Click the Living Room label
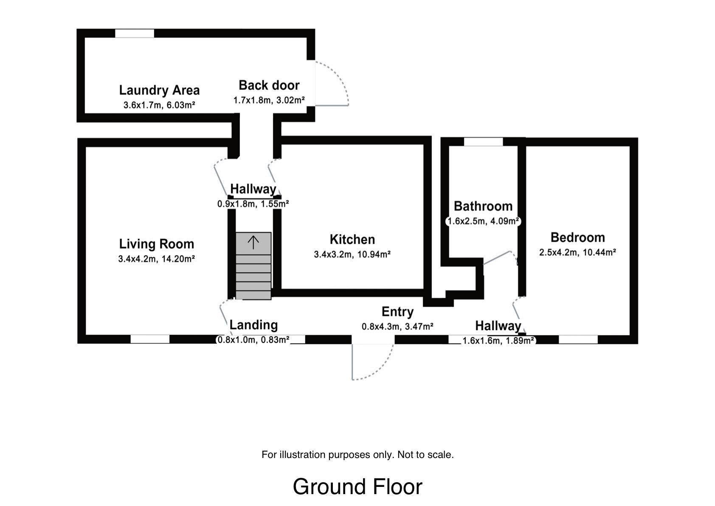(x=156, y=244)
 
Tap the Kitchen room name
(x=352, y=240)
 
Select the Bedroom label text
(x=577, y=237)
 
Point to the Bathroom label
(x=483, y=206)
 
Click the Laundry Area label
(x=159, y=90)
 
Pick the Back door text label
(x=269, y=85)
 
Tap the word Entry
(x=397, y=312)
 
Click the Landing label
(x=253, y=325)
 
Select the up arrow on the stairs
(x=253, y=243)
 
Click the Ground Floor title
(x=357, y=487)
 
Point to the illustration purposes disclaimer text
(x=357, y=455)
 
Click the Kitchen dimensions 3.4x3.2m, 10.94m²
(x=352, y=254)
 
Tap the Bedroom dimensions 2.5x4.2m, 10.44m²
(x=577, y=252)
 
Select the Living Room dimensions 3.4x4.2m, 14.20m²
(x=156, y=258)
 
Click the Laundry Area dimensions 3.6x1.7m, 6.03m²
(x=159, y=105)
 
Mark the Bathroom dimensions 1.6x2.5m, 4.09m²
(x=483, y=221)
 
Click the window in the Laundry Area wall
(x=135, y=33)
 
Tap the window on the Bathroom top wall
(x=483, y=142)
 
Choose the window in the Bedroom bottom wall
(x=578, y=339)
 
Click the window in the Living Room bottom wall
(x=150, y=339)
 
